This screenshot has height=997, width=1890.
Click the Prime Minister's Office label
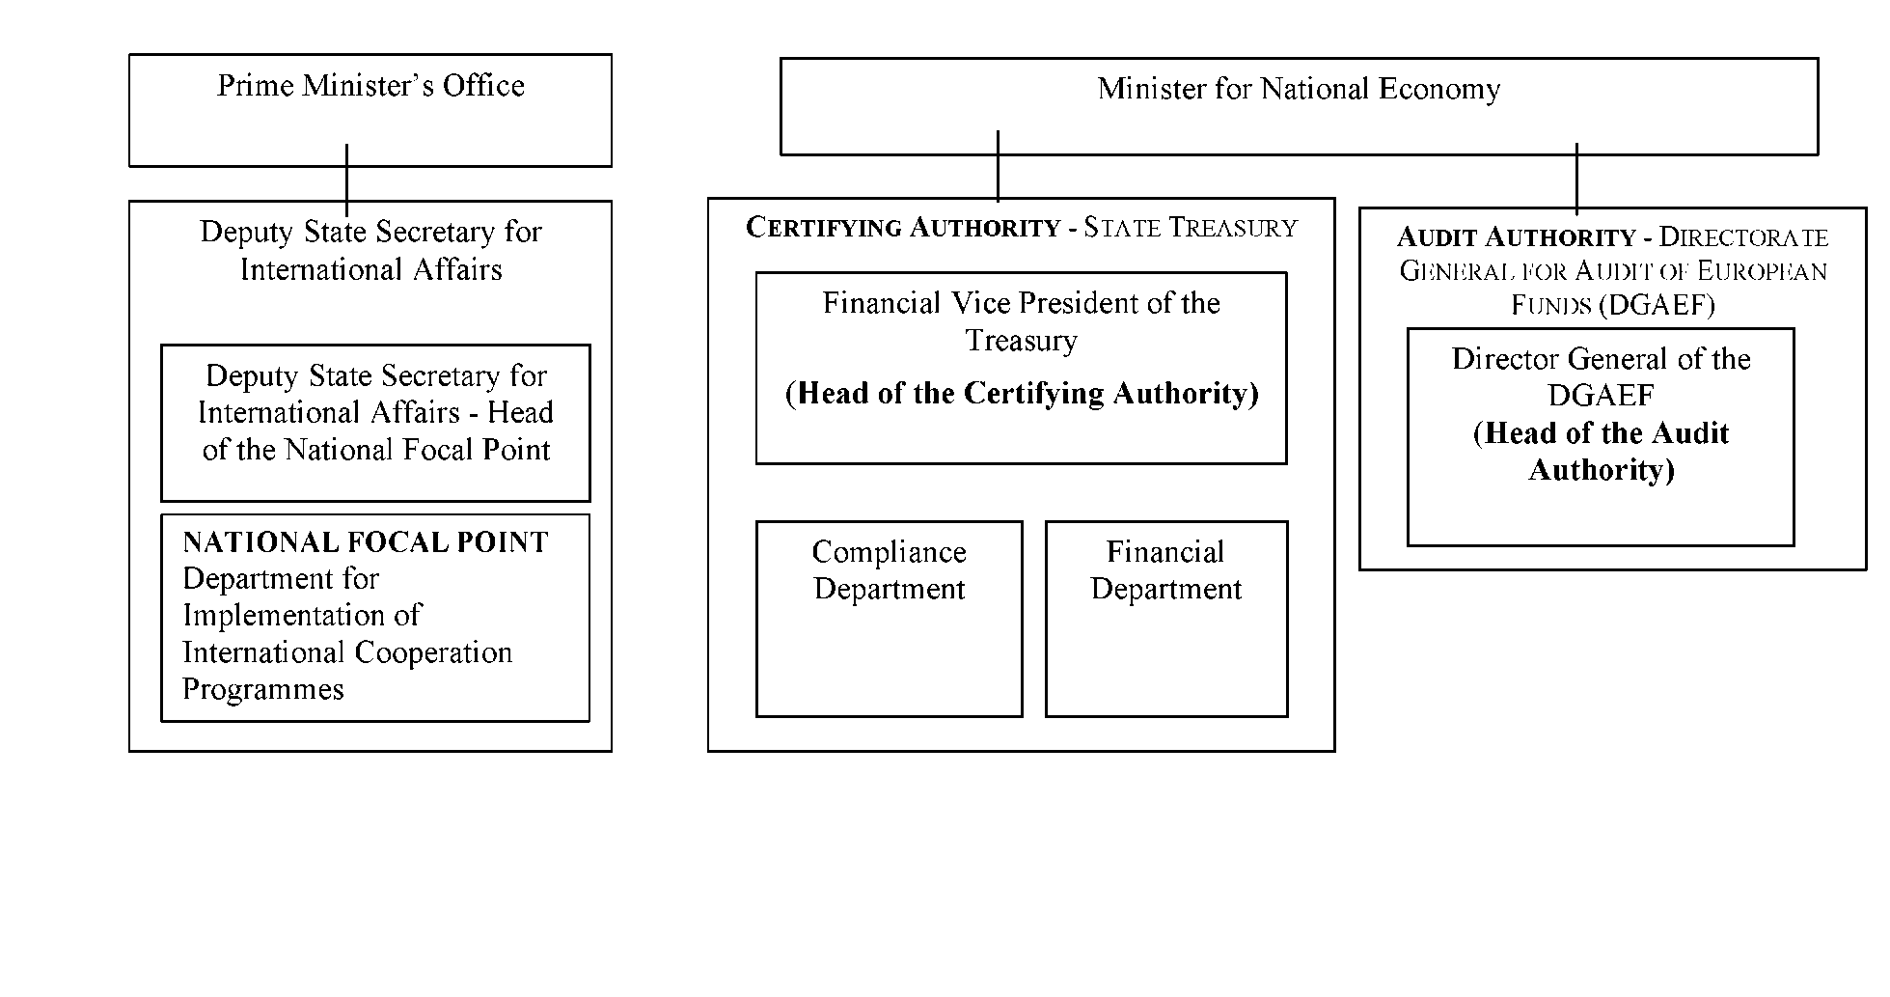click(x=370, y=86)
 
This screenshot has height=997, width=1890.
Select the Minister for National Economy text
click(x=1299, y=89)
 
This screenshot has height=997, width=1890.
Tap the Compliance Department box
click(x=889, y=619)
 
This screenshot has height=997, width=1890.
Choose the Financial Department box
click(x=1166, y=619)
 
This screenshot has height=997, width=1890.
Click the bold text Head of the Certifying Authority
click(x=1022, y=394)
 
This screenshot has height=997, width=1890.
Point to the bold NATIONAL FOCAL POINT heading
click(x=366, y=542)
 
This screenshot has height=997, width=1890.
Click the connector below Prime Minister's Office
click(x=346, y=180)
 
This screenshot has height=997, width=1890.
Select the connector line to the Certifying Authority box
click(x=998, y=165)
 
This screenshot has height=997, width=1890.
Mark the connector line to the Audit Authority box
click(x=1576, y=179)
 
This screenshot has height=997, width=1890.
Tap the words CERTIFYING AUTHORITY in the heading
click(x=903, y=228)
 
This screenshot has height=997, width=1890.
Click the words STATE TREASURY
click(x=1191, y=228)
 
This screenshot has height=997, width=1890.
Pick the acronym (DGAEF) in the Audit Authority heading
click(x=1656, y=306)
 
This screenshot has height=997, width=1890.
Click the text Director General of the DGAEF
click(x=1601, y=377)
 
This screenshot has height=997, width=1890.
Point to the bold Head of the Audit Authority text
click(x=1601, y=452)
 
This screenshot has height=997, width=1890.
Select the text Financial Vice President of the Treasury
click(x=1021, y=321)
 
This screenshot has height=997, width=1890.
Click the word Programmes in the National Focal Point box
click(x=263, y=689)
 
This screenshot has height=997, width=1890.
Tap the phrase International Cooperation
click(x=347, y=652)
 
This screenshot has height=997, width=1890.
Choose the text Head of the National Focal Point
click(x=377, y=431)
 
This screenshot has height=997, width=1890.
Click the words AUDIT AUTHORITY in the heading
click(x=1517, y=237)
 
